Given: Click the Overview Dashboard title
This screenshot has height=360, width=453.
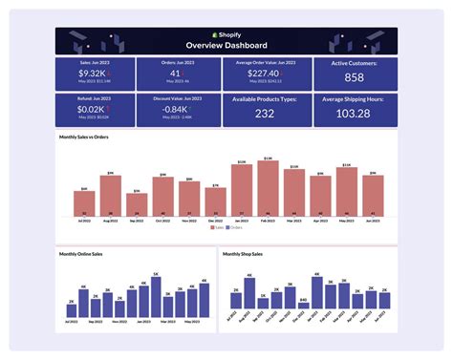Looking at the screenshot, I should pos(226,45).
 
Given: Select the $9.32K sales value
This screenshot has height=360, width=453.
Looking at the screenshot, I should pos(92,73).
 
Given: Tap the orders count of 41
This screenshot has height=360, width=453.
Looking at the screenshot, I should pos(175,73).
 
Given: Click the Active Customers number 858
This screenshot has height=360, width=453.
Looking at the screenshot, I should pos(354,77).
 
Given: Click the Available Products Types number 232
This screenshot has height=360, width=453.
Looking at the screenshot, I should pos(265,114).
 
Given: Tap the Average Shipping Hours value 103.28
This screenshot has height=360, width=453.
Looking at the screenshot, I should pos(354,114).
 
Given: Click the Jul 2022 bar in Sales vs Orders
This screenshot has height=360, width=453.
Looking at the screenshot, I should pos(84,203).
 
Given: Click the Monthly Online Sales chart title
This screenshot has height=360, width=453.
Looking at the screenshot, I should pos(84,254).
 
